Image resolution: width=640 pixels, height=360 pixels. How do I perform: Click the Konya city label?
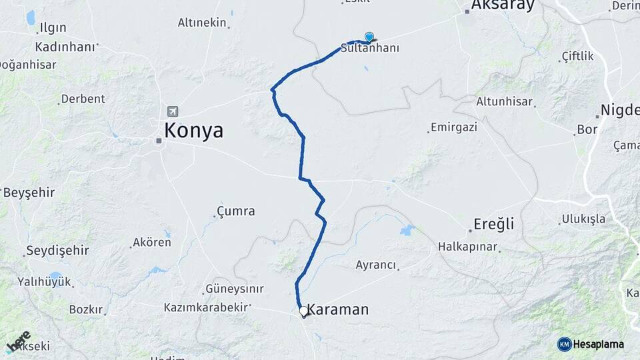pos(194,130)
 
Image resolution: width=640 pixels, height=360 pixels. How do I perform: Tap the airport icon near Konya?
pos(173,111)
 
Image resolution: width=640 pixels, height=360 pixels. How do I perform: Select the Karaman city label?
pos(338,310)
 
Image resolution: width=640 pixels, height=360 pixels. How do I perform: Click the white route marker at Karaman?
pos(303,311)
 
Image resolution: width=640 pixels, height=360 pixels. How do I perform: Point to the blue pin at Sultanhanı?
pos(369,37)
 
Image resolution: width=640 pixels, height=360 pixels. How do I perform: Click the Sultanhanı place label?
pos(370,49)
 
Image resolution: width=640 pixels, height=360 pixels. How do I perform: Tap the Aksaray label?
pos(503,6)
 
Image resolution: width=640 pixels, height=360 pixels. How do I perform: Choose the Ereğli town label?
pos(494,224)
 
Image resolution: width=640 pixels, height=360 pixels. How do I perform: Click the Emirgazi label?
pos(454,127)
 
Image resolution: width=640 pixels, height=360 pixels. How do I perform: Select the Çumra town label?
pos(236,211)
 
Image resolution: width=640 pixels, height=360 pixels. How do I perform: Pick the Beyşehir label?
pos(29,193)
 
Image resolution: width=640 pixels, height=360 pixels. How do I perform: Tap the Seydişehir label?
pos(57,251)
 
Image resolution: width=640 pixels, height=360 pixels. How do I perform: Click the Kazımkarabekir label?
pos(206,307)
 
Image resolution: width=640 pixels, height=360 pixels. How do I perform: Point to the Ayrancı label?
pos(376,265)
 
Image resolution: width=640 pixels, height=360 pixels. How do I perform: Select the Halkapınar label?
pos(468,247)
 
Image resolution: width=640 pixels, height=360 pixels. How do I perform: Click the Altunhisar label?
pos(505,102)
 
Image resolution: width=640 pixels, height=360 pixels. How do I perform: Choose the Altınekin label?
pos(202,23)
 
